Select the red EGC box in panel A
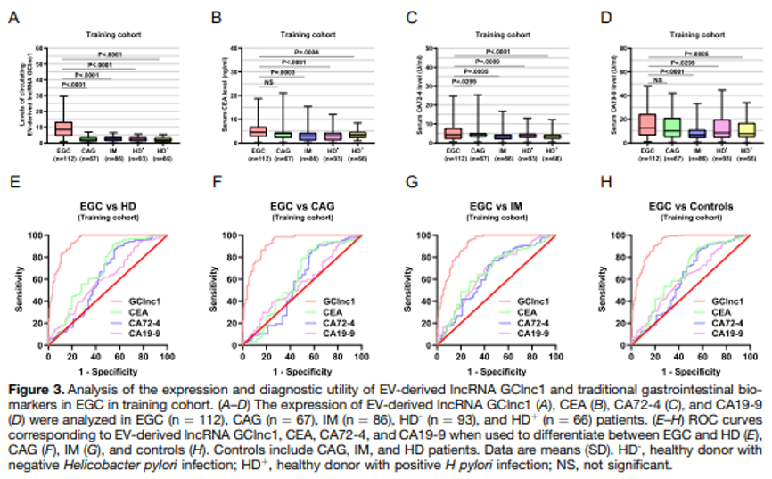(63, 128)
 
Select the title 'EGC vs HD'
(102, 207)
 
